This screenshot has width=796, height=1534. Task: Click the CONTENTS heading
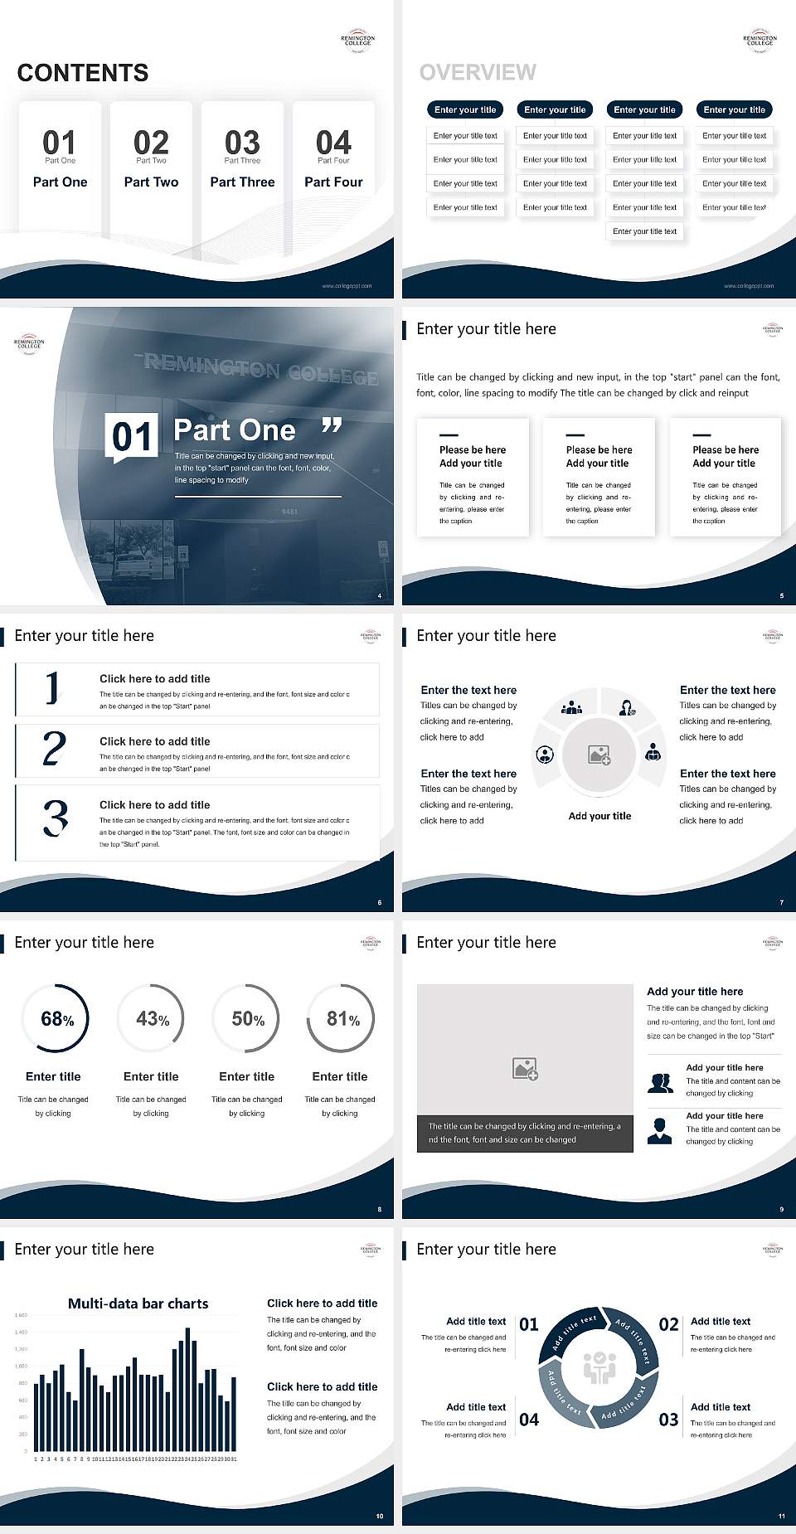83,73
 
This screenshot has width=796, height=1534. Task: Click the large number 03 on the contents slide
242,143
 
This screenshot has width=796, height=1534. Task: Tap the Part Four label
333,182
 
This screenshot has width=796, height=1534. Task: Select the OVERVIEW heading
478,73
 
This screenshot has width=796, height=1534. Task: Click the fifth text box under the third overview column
645,231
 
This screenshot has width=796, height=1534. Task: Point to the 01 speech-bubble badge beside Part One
133,437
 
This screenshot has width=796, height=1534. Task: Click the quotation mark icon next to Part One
332,426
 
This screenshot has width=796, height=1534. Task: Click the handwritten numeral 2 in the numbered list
54,749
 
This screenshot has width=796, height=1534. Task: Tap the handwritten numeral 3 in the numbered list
56,818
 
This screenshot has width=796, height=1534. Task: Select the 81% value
342,1019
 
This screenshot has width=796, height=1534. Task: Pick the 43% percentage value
153,1019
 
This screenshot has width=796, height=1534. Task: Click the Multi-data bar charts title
138,1303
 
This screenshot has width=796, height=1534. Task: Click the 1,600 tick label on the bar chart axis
21,1315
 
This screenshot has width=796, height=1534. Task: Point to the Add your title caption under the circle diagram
599,816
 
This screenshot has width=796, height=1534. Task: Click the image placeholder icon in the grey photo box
525,1068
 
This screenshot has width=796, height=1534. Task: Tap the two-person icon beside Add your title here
661,1083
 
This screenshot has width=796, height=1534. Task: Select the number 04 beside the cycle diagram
529,1420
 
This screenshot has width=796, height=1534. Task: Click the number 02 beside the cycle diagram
668,1325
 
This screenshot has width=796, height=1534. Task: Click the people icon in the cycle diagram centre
599,1369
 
